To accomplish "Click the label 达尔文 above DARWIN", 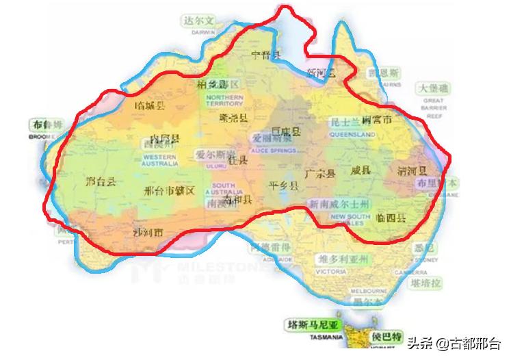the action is pos(198,21).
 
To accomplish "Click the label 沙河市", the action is pos(148,233).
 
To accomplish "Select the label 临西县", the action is pos(391,218).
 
